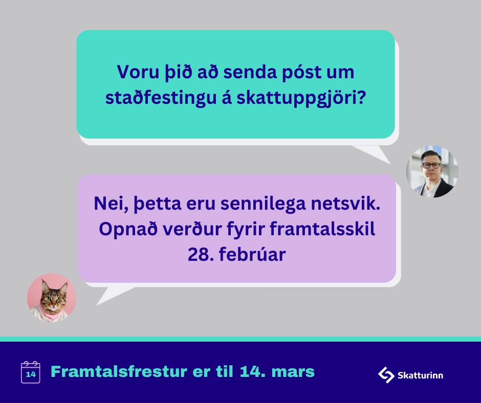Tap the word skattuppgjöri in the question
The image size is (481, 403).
point(301,99)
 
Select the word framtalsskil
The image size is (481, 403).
point(322,229)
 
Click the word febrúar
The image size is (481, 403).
point(252,255)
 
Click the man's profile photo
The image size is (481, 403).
point(432,171)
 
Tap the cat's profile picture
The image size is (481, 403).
point(52,298)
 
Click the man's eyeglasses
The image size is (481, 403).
point(431,166)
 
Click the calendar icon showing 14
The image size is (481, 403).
point(30,372)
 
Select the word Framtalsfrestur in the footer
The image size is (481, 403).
point(119,371)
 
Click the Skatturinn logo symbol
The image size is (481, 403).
point(386,375)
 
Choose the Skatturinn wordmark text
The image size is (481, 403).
point(420,375)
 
